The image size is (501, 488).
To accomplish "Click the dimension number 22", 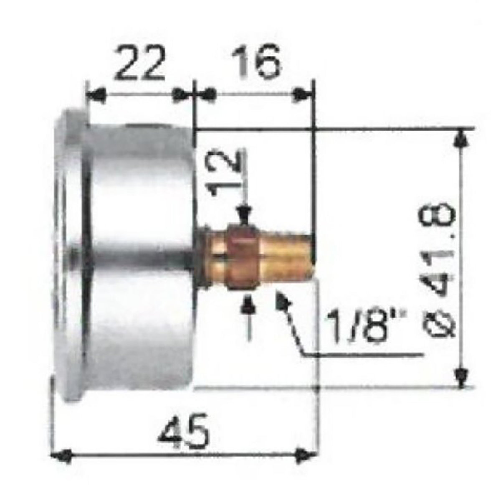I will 139,64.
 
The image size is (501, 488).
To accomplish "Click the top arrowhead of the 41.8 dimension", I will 461,138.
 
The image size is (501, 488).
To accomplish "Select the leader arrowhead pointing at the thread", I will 282,300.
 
